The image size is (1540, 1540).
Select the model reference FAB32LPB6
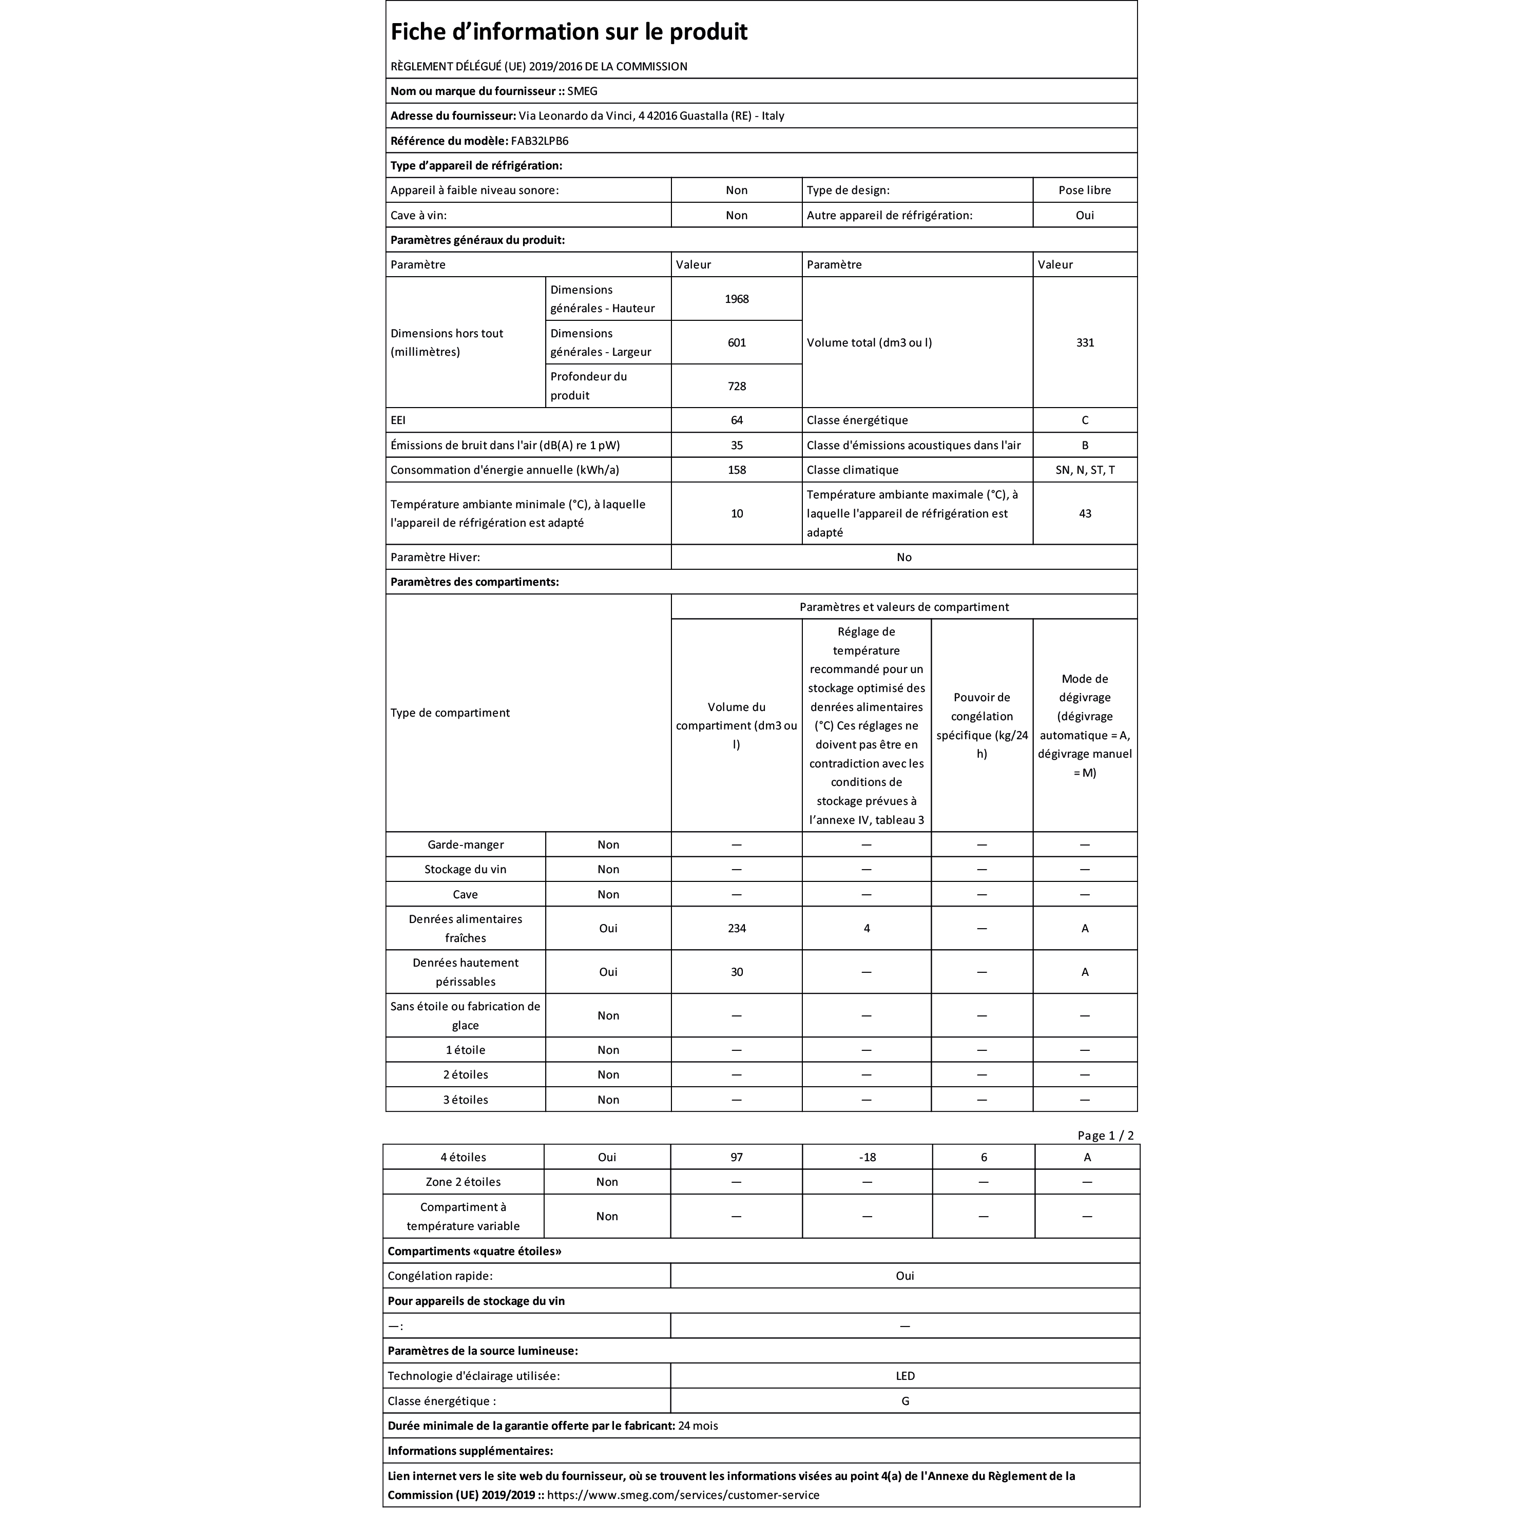[540, 141]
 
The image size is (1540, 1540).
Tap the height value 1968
[737, 299]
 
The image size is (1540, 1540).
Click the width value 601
[737, 343]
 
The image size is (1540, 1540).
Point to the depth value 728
[737, 387]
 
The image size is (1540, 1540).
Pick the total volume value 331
[1085, 343]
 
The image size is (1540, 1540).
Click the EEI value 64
[737, 420]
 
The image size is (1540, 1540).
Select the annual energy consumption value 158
[737, 470]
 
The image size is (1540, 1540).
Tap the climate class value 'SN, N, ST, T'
[1085, 470]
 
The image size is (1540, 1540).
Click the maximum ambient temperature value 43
[1085, 513]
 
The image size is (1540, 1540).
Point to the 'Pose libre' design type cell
[1085, 190]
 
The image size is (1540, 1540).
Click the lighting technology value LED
[904, 1376]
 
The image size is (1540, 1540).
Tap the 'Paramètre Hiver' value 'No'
[904, 557]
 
